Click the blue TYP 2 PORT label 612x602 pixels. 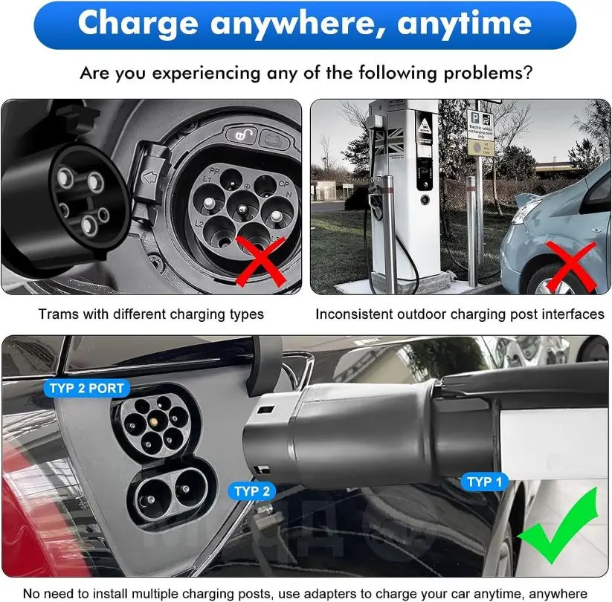click(x=86, y=388)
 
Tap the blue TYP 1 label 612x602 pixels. click(x=484, y=482)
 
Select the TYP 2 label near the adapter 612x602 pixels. click(x=252, y=491)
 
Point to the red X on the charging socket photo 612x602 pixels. click(x=261, y=262)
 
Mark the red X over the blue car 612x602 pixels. click(x=571, y=266)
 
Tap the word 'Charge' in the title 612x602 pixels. click(x=138, y=24)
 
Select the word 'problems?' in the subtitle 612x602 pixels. click(x=488, y=73)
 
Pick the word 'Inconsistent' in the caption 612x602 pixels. click(x=354, y=314)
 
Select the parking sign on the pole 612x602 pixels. click(x=480, y=132)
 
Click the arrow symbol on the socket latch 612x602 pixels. click(x=149, y=178)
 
